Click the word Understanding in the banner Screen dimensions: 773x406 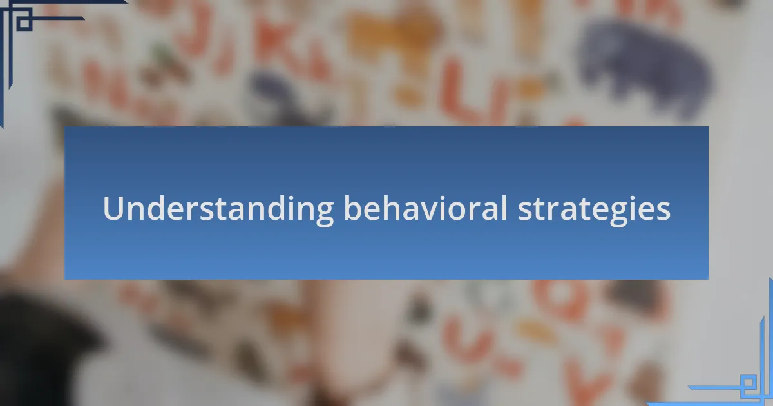(218, 209)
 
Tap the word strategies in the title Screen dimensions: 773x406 (594, 210)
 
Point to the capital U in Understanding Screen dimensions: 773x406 (113, 208)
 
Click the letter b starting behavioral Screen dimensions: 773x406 (354, 208)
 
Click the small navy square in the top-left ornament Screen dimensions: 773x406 (24, 21)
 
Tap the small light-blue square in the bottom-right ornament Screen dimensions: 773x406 (748, 383)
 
